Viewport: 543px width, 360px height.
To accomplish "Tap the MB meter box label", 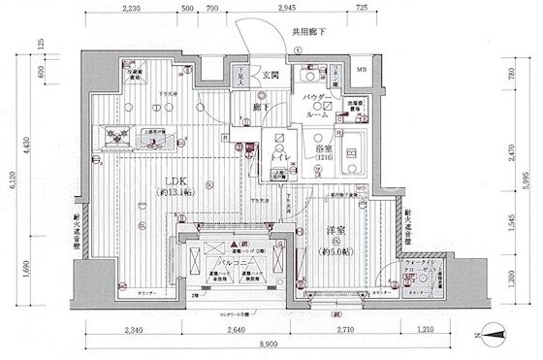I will pos(361,71).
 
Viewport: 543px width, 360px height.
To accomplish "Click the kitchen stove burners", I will pos(120,138).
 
